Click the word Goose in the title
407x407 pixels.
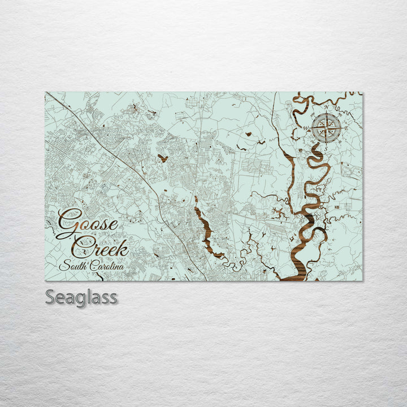coord(88,222)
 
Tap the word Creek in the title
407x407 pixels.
coord(101,246)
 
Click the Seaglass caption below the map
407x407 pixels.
coord(81,297)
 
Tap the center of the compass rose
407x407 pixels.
coord(326,127)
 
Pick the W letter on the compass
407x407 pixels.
coord(307,128)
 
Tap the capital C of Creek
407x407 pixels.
coord(83,246)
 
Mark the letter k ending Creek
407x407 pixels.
coord(123,246)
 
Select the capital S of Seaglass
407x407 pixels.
coord(50,297)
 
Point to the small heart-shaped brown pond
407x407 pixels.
coord(163,158)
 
